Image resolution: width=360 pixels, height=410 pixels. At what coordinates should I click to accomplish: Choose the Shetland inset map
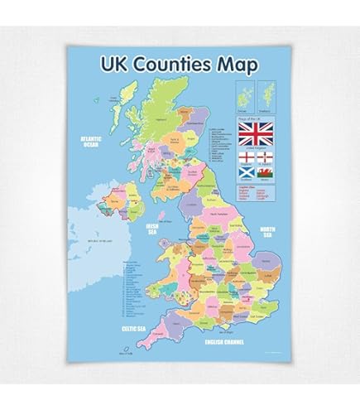tap(267, 97)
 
